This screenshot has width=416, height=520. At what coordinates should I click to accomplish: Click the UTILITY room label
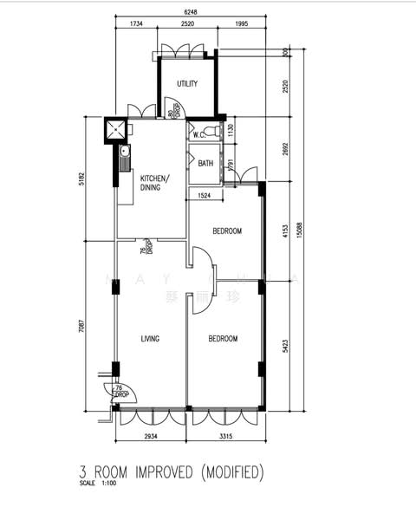point(187,84)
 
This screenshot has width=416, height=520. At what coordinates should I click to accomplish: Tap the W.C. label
point(198,135)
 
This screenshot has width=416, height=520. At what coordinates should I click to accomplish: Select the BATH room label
point(205,163)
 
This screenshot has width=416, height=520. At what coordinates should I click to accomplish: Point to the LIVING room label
point(151,339)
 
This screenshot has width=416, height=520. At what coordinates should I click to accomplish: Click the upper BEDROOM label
point(226,231)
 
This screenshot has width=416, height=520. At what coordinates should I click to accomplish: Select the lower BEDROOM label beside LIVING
point(223,339)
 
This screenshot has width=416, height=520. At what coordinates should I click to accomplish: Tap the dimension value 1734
point(136,24)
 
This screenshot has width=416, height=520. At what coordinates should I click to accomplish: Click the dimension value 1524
point(205,197)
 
